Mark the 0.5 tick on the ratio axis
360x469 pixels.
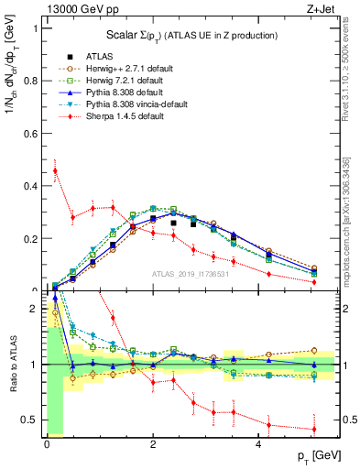pos(32,420)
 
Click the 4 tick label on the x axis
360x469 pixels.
pos(259,445)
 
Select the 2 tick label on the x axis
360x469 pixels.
pos(152,445)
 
